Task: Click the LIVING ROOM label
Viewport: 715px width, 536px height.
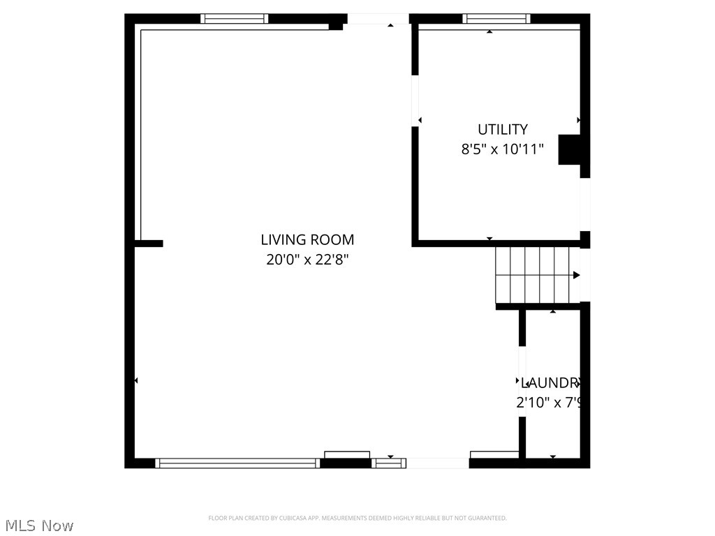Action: (307, 240)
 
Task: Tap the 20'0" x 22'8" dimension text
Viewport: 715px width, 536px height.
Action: (307, 260)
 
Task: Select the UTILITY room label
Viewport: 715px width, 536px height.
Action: (502, 129)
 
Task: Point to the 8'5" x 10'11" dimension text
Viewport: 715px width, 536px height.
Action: (502, 149)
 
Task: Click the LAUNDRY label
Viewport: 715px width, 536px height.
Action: (552, 382)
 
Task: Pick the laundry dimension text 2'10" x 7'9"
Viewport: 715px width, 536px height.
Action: (549, 403)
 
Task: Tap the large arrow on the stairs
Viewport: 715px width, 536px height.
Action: (576, 275)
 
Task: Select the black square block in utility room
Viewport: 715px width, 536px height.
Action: (569, 149)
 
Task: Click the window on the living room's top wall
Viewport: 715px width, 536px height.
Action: (234, 19)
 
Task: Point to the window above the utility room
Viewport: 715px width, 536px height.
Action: (496, 19)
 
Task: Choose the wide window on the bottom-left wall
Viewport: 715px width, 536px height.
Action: (237, 463)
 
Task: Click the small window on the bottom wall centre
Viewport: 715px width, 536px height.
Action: (388, 463)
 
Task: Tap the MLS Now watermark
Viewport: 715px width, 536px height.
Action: (38, 526)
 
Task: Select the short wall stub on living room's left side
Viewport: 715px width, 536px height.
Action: (149, 244)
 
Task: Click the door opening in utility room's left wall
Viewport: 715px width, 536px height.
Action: (415, 100)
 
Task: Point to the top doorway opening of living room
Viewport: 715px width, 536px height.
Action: (378, 19)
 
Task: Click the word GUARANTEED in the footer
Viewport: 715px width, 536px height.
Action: (489, 518)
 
